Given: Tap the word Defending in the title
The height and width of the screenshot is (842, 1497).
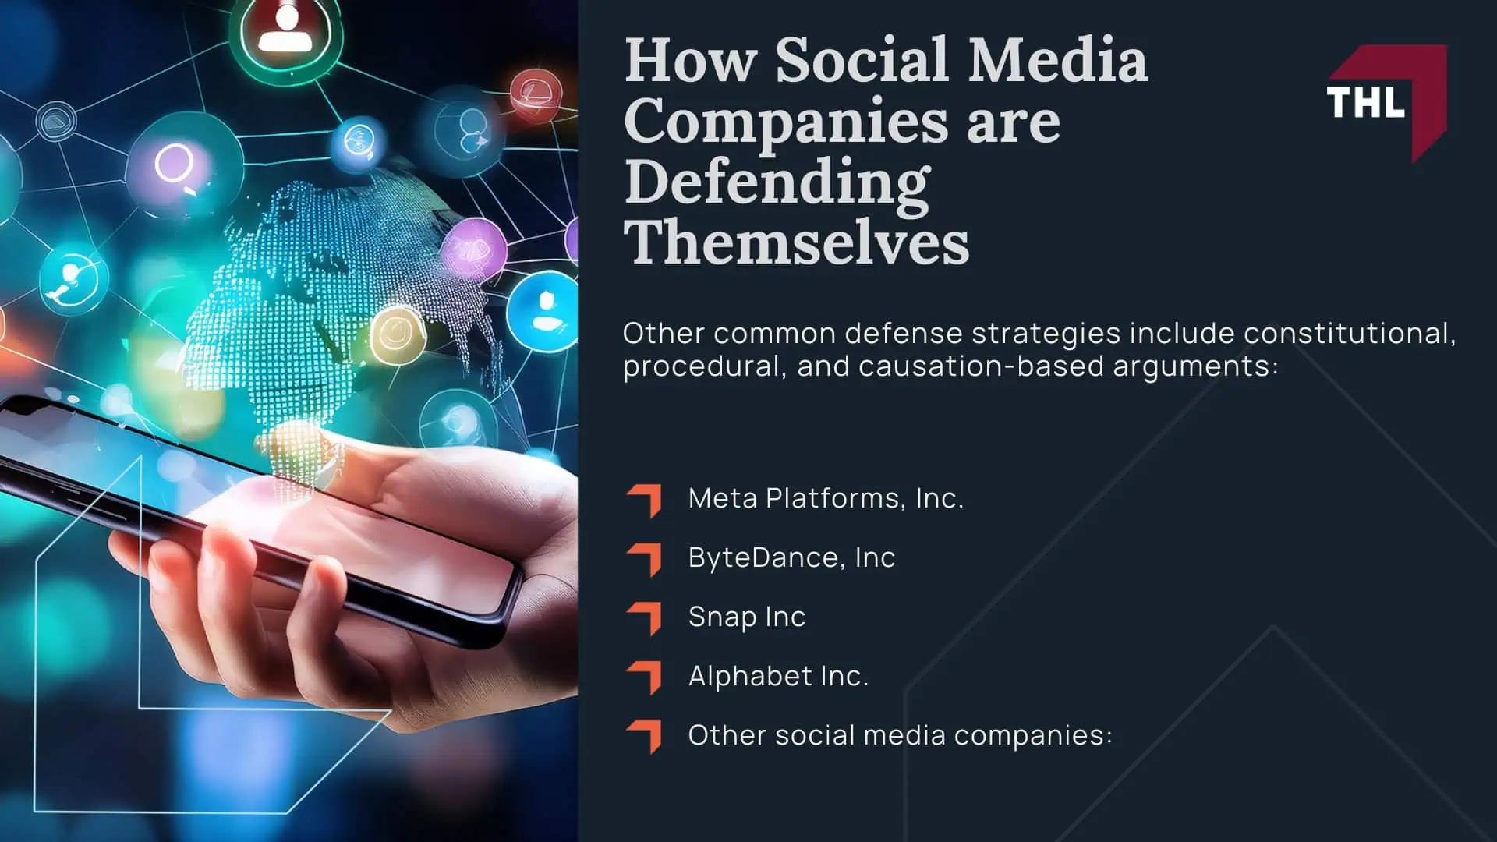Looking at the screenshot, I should coord(777,182).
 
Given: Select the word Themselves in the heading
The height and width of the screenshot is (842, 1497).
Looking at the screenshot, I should coord(796,243).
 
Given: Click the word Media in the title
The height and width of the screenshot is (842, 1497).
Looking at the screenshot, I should coord(1057,61).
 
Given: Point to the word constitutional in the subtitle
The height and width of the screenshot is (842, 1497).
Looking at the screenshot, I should coord(1349,334).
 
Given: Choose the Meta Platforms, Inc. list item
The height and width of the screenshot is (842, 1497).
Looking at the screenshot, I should coord(826,498).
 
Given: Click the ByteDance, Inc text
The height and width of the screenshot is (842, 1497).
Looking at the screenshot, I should coord(791,557).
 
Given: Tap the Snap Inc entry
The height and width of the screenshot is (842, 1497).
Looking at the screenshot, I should coord(746,617).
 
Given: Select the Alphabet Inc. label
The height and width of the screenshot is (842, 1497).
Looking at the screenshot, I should coord(778,676).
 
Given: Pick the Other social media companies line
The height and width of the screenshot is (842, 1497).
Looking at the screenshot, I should coord(900,735).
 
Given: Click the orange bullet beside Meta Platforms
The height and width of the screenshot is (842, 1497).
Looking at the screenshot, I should coord(644,500).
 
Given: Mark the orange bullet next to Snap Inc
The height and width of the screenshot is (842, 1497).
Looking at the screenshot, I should coord(644,618).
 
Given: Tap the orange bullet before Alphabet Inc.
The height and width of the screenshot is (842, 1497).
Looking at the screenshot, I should coord(644,677).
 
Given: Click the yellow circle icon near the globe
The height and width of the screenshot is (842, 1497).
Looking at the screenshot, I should coord(396,335).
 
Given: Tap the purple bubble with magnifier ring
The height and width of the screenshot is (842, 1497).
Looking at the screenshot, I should coord(175,165).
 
